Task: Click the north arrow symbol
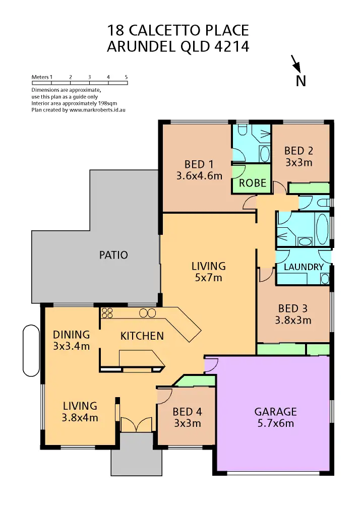click(x=297, y=65)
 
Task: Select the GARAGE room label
click(x=275, y=412)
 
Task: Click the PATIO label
click(x=113, y=255)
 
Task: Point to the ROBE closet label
click(x=253, y=183)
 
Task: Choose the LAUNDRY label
click(x=304, y=267)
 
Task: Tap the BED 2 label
click(x=298, y=151)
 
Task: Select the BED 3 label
click(x=292, y=308)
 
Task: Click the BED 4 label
click(x=187, y=412)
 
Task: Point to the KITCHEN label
click(x=142, y=336)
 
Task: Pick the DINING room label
click(x=71, y=335)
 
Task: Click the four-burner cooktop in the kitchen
click(x=106, y=312)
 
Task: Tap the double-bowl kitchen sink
click(x=147, y=312)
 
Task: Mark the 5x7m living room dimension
click(x=209, y=278)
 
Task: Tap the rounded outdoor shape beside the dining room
click(x=31, y=350)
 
